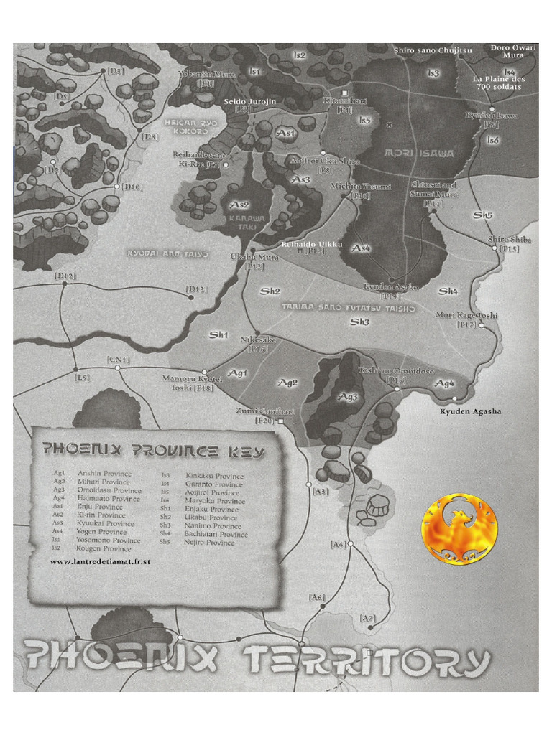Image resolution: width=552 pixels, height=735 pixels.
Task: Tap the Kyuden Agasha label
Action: (x=470, y=411)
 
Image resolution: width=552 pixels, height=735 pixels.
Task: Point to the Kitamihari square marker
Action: (x=345, y=93)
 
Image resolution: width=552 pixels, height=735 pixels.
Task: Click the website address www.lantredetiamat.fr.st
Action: (x=100, y=562)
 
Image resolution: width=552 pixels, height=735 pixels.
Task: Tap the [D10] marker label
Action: (x=132, y=187)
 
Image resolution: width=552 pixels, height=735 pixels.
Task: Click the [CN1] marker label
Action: (x=117, y=360)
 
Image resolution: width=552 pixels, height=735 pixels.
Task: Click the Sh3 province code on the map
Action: (x=359, y=322)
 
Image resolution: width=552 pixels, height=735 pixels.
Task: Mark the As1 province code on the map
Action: (x=286, y=134)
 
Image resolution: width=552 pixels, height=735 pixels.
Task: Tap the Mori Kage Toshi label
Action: (x=466, y=315)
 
